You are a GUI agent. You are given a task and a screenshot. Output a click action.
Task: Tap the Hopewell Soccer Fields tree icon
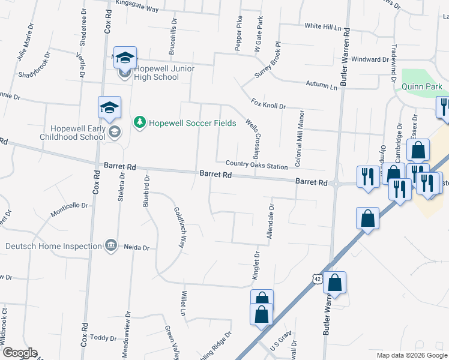pyautogui.click(x=140, y=122)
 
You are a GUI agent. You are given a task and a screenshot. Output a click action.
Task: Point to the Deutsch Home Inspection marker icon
pyautogui.click(x=110, y=245)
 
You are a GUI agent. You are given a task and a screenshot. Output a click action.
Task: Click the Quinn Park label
pyautogui.click(x=421, y=87)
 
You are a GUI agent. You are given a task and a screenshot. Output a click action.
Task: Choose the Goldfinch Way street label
pyautogui.click(x=178, y=228)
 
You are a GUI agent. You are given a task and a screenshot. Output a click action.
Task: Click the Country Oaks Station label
pyautogui.click(x=256, y=164)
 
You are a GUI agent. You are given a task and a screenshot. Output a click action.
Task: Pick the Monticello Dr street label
pyautogui.click(x=69, y=205)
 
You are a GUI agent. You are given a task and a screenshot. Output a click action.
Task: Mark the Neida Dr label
pyautogui.click(x=136, y=247)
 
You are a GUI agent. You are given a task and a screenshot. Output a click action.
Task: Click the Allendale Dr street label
pyautogui.click(x=271, y=223)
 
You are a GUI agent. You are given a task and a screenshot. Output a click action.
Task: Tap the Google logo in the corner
pyautogui.click(x=19, y=353)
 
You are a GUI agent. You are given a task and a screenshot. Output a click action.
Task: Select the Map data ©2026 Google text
pyautogui.click(x=412, y=355)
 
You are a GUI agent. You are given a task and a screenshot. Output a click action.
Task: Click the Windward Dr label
pyautogui.click(x=370, y=59)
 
